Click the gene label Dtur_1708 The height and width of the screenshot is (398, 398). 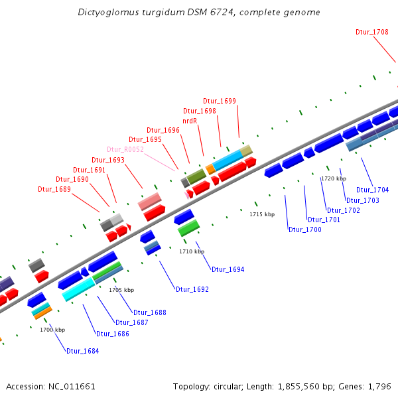372,32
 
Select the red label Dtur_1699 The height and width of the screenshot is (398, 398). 220,101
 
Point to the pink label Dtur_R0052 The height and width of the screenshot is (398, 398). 125,149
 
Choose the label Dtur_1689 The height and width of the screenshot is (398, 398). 54,189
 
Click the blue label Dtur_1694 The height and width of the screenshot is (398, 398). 228,269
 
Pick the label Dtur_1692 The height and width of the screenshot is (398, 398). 192,289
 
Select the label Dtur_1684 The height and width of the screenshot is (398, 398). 82,351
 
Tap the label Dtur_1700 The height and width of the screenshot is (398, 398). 305,230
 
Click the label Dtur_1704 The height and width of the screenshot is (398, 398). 373,190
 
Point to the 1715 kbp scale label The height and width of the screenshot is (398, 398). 262,214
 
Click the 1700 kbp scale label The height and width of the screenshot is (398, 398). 52,330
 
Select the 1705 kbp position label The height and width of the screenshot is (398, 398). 121,290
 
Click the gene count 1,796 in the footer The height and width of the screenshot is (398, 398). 381,386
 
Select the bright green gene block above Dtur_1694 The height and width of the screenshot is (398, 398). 189,228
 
